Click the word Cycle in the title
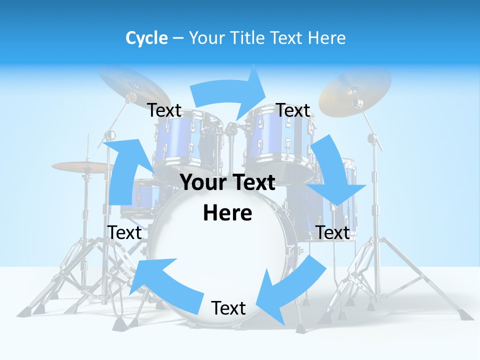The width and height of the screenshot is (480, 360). (146, 38)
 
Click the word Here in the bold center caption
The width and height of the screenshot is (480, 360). (227, 213)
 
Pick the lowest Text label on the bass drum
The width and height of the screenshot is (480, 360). (228, 308)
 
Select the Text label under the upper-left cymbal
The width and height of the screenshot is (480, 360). (164, 110)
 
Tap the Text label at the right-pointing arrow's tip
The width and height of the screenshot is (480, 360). (293, 110)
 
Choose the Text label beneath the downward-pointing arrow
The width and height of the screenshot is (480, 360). (333, 232)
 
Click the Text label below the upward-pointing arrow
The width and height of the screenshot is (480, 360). (124, 232)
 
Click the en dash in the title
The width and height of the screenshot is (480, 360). (178, 38)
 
